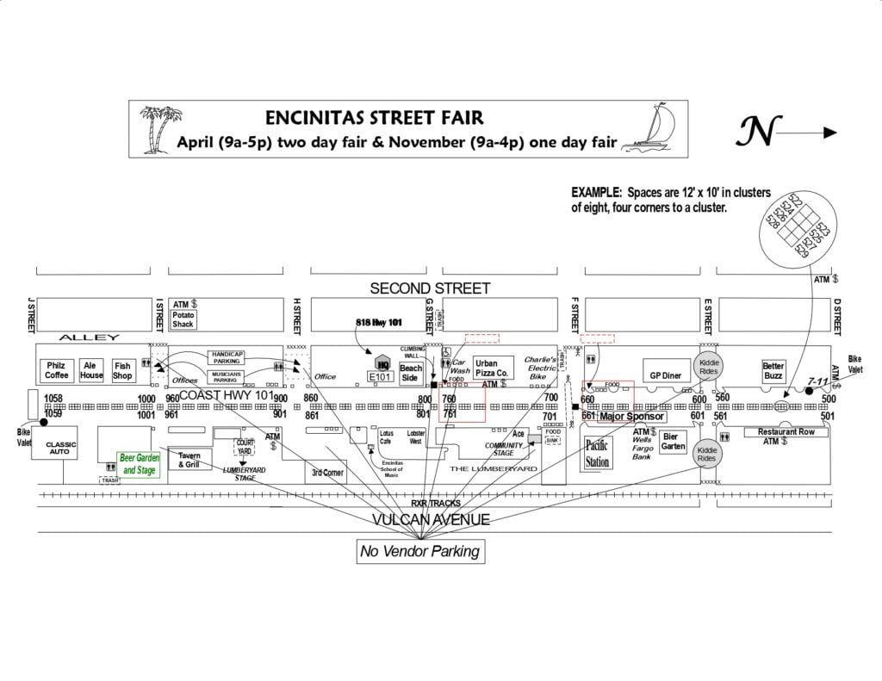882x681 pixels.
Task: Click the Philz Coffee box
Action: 56,370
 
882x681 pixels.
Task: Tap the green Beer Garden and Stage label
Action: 139,464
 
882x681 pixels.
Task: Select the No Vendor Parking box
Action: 421,552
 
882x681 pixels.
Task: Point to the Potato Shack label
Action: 183,319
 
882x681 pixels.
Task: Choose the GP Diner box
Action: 666,375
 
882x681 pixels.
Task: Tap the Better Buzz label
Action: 773,371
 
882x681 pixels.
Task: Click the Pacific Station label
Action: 598,453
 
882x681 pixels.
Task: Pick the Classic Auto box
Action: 61,448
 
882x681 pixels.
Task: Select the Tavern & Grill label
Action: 189,460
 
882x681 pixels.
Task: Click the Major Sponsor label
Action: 631,417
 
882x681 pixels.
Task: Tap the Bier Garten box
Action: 673,442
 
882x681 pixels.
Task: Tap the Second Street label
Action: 430,288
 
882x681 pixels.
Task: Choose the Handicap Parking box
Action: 227,357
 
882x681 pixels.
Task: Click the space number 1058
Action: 54,399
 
